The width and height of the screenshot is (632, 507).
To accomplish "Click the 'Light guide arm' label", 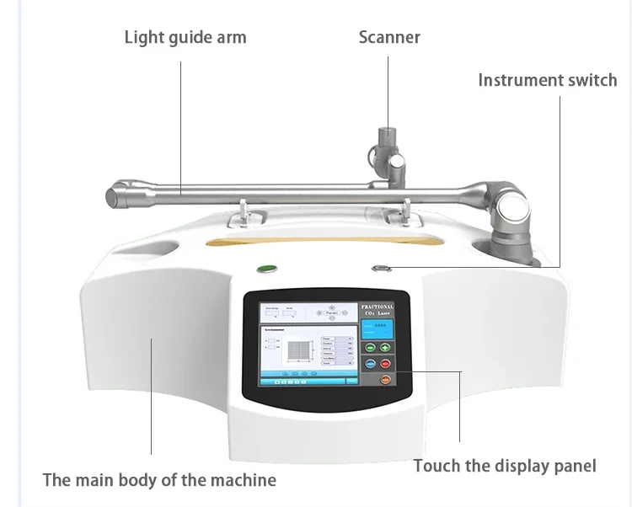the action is coord(185,37).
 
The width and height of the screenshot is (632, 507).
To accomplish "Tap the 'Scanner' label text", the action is coord(389,37).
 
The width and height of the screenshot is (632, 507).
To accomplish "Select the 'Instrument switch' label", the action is coord(547,80).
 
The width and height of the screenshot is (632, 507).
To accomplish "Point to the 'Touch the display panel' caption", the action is coord(505,466).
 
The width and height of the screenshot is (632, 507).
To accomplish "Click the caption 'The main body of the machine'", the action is coord(159,480).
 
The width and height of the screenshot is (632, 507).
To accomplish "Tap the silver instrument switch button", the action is coord(380,270).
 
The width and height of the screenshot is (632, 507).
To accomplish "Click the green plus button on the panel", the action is coord(386,347).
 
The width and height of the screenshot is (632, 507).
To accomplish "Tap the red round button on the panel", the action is coord(386,364).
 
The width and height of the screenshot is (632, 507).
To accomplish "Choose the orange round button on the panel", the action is coord(385,380).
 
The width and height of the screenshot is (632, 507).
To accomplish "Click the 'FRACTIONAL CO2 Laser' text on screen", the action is coord(377,311).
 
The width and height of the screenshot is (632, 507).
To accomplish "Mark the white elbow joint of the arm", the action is coord(512,211).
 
